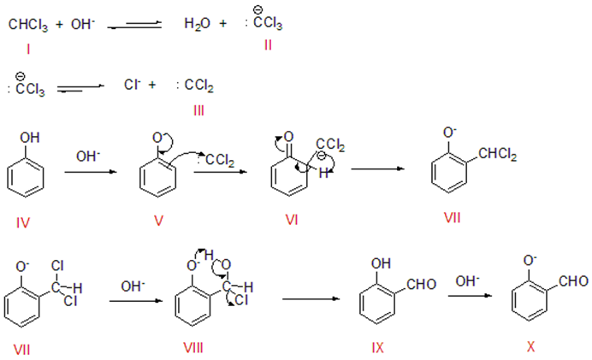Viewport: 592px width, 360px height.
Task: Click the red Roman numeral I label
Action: (x=28, y=50)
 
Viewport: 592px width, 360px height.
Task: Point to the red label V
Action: (x=159, y=221)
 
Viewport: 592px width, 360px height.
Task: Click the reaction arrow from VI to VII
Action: (x=379, y=168)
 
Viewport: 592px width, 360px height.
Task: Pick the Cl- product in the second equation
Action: (x=132, y=86)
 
